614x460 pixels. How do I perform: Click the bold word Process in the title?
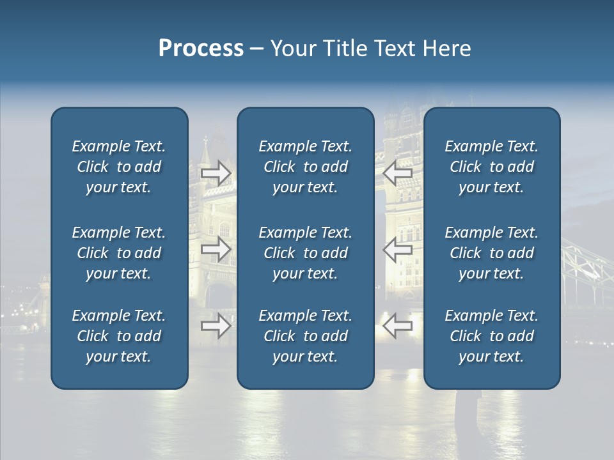click(201, 49)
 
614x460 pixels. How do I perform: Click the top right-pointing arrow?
click(216, 173)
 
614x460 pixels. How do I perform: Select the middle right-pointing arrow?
click(216, 249)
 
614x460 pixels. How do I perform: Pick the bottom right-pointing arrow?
click(216, 326)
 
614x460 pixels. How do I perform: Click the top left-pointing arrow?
click(397, 173)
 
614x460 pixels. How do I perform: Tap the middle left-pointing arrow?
click(397, 249)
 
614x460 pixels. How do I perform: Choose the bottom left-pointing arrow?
click(397, 326)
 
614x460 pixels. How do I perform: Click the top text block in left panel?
click(119, 167)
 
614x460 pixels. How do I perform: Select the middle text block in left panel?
click(119, 253)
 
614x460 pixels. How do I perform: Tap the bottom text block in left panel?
click(119, 336)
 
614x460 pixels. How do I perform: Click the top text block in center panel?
click(305, 167)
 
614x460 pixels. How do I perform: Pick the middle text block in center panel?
click(305, 253)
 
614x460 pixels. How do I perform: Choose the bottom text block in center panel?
click(305, 336)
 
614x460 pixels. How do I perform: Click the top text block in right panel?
click(491, 167)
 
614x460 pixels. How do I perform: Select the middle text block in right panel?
click(491, 253)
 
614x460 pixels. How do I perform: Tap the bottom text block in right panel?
click(491, 336)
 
